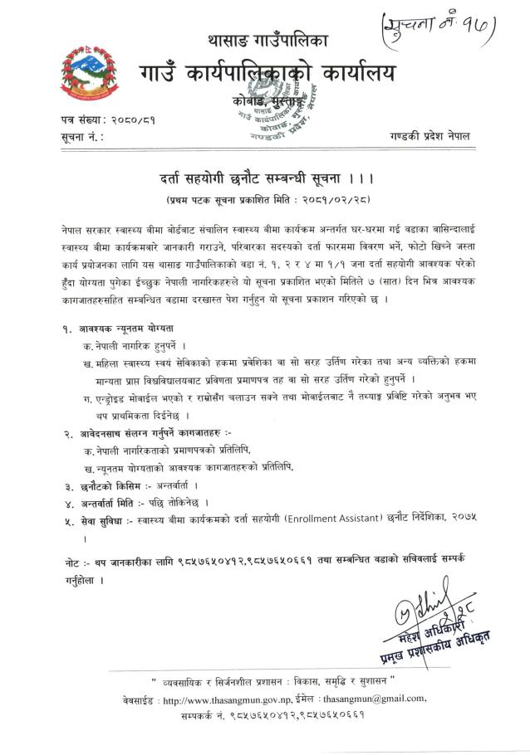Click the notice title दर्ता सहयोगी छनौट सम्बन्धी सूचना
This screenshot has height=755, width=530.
(x=254, y=178)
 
